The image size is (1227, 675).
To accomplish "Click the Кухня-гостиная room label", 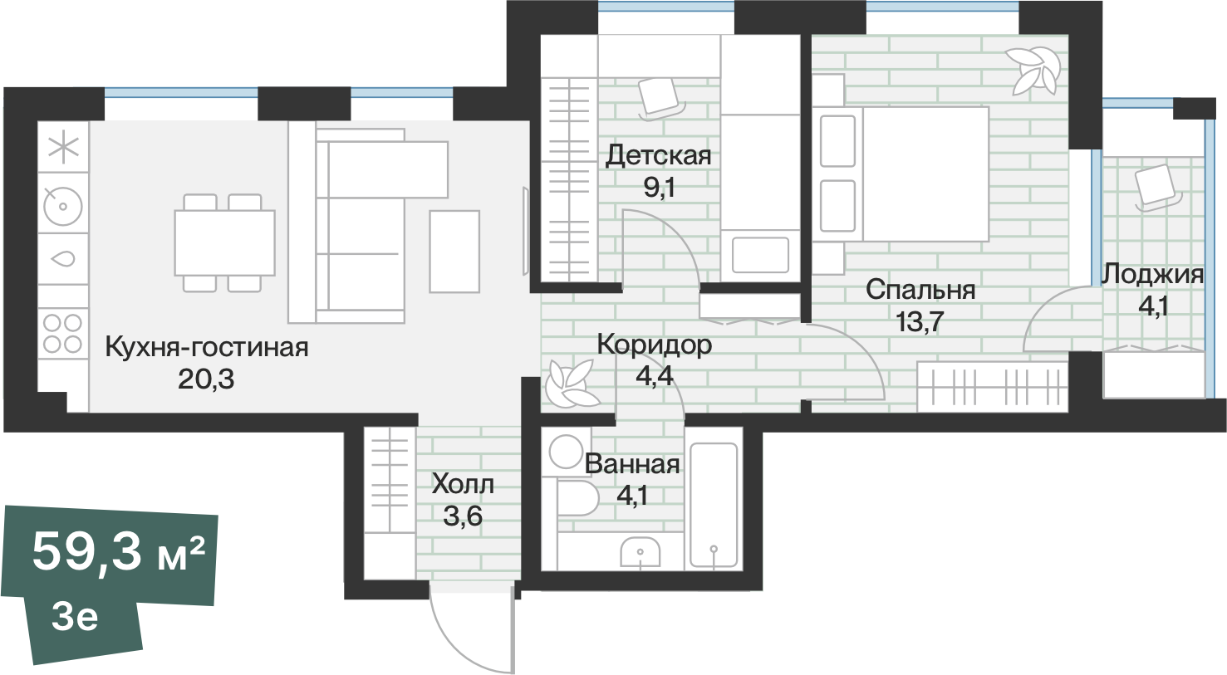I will pyautogui.click(x=206, y=347).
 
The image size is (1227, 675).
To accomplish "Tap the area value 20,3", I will pyautogui.click(x=206, y=379).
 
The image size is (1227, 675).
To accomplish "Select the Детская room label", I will pyautogui.click(x=658, y=155).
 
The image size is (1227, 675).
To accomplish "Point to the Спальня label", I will pyautogui.click(x=920, y=290).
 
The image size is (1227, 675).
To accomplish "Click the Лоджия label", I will pyautogui.click(x=1152, y=274).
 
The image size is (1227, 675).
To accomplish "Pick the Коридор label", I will pyautogui.click(x=654, y=344).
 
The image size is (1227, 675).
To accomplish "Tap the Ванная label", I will pyautogui.click(x=632, y=464).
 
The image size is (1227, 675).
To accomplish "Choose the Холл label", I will pyautogui.click(x=463, y=484).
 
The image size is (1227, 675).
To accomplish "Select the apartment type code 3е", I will pyautogui.click(x=75, y=617).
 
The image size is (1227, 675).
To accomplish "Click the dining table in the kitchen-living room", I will pyautogui.click(x=224, y=242).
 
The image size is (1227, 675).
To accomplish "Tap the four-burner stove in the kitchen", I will pyautogui.click(x=62, y=333).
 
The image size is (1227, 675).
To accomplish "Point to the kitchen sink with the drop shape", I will pyautogui.click(x=63, y=258).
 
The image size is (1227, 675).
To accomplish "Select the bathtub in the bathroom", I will pyautogui.click(x=714, y=504).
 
